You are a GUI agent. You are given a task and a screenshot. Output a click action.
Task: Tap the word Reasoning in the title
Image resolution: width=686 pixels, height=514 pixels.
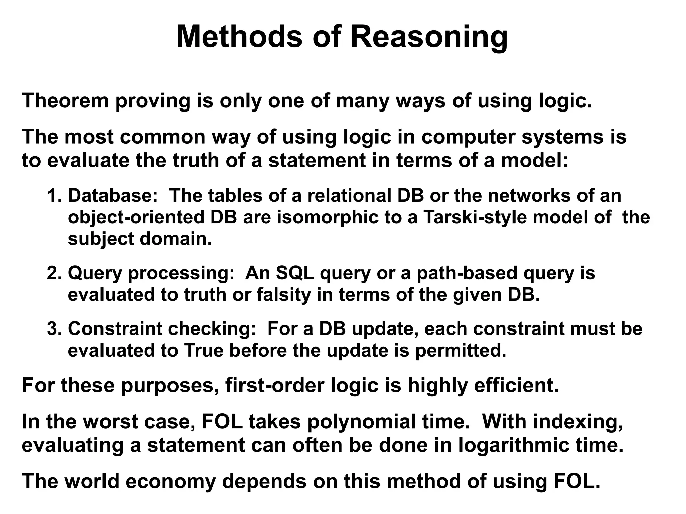[x=429, y=38]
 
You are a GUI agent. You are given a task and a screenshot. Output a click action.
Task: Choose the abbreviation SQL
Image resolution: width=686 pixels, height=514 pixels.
[x=295, y=273]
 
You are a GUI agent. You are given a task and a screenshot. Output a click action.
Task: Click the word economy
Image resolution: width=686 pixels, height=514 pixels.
[x=170, y=481]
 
